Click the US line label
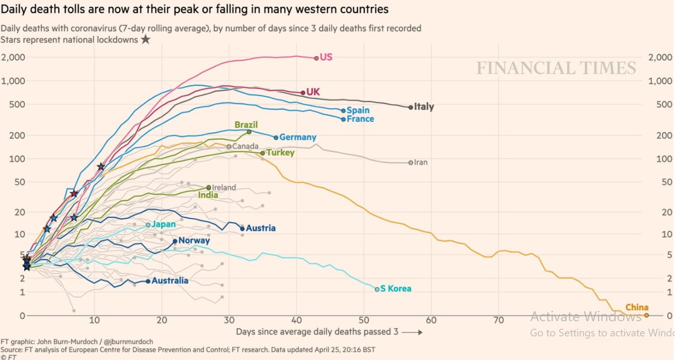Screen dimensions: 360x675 coord(326,57)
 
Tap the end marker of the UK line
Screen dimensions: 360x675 coord(303,93)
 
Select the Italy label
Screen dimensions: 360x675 coord(424,107)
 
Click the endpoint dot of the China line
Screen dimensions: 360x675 coord(646,315)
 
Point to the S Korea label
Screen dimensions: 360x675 coord(396,289)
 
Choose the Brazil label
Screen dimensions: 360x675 coord(246,125)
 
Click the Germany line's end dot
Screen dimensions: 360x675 coord(276,138)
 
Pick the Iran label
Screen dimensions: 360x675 coord(420,162)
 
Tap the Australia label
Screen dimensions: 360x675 coord(170,281)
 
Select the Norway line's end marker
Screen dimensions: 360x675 coord(175,241)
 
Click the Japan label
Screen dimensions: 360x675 coord(163,225)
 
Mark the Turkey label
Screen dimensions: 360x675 coord(280,153)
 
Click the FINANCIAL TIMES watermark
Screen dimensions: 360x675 coord(556,68)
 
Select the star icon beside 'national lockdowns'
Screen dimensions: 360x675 coord(146,40)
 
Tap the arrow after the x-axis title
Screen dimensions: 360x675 coord(412,332)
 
